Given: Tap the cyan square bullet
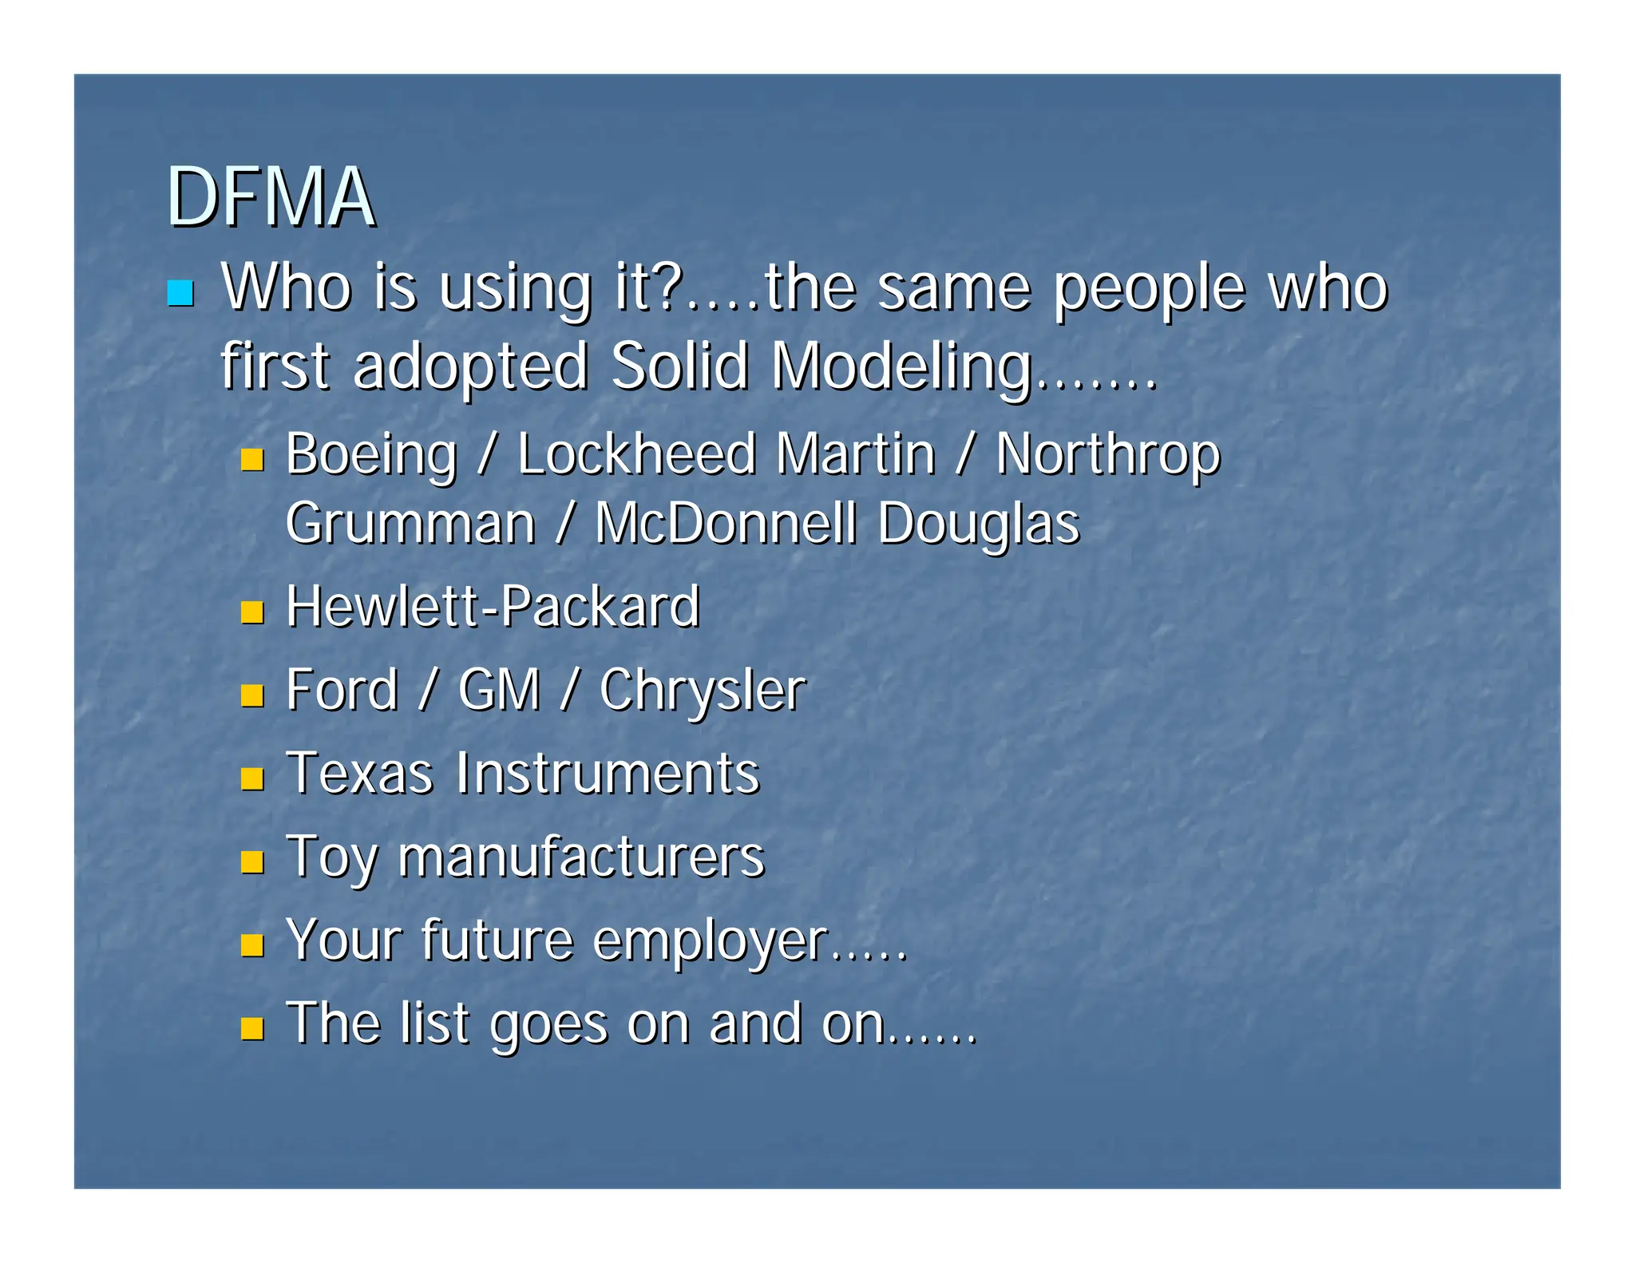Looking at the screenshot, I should (x=180, y=293).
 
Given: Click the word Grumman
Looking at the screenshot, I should (x=410, y=524).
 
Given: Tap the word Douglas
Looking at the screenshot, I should (x=979, y=525).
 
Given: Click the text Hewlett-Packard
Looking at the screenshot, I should (x=493, y=607).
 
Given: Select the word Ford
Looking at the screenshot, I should (x=342, y=690).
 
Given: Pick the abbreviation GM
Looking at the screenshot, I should (x=499, y=690).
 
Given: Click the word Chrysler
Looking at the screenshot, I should (x=703, y=691).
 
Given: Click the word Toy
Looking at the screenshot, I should (x=332, y=858).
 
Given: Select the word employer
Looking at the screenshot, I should (x=710, y=941).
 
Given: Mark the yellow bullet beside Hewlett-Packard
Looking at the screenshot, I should (x=252, y=612).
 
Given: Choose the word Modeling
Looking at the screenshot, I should (x=901, y=368).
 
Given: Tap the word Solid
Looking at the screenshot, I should (x=679, y=366).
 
